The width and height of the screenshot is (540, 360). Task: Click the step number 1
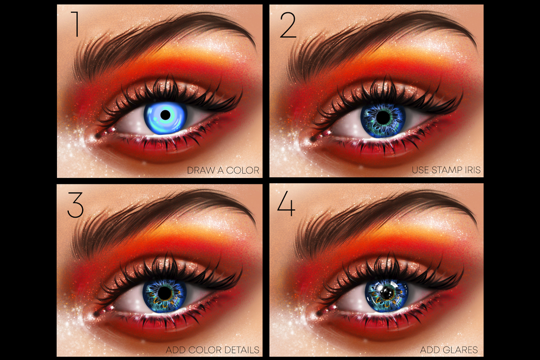pos(76,24)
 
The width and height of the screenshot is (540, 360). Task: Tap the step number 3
pos(75,205)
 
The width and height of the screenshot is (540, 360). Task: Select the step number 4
pos(286,204)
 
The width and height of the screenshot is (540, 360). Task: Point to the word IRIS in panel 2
pos(473,170)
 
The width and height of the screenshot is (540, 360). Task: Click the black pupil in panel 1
pos(165,115)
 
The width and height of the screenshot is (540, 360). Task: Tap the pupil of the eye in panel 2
pos(383,118)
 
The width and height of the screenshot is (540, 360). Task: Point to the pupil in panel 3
pos(165,293)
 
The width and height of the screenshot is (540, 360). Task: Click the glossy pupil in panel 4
pos(387,293)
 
